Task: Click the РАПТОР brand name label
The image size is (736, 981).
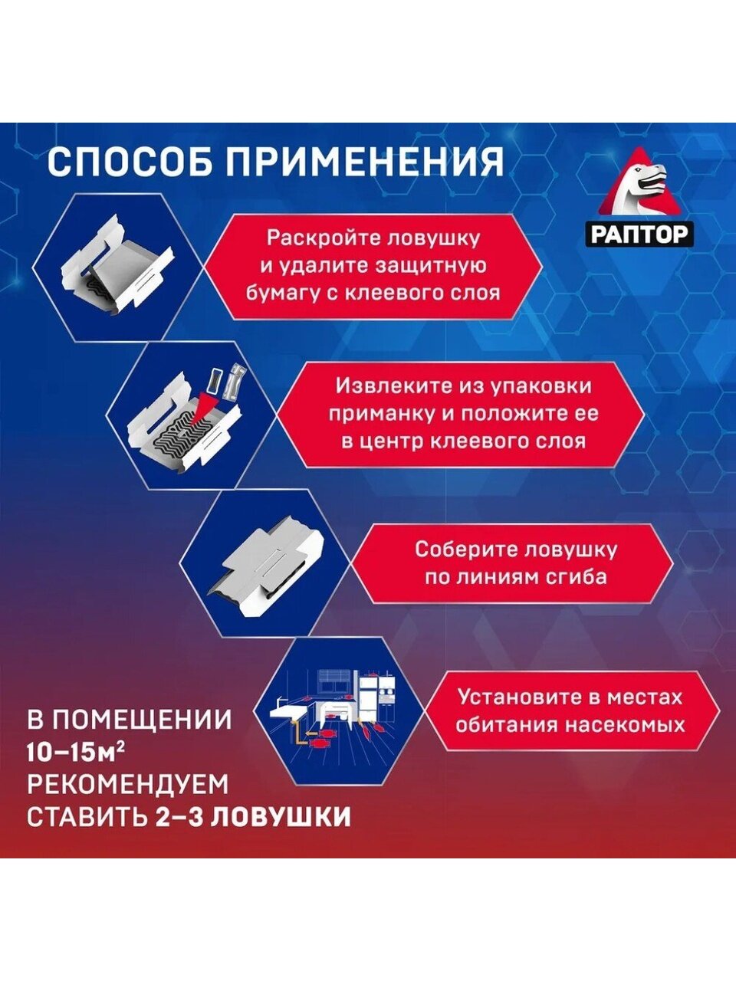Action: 639,235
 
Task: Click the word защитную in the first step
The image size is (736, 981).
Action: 431,266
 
